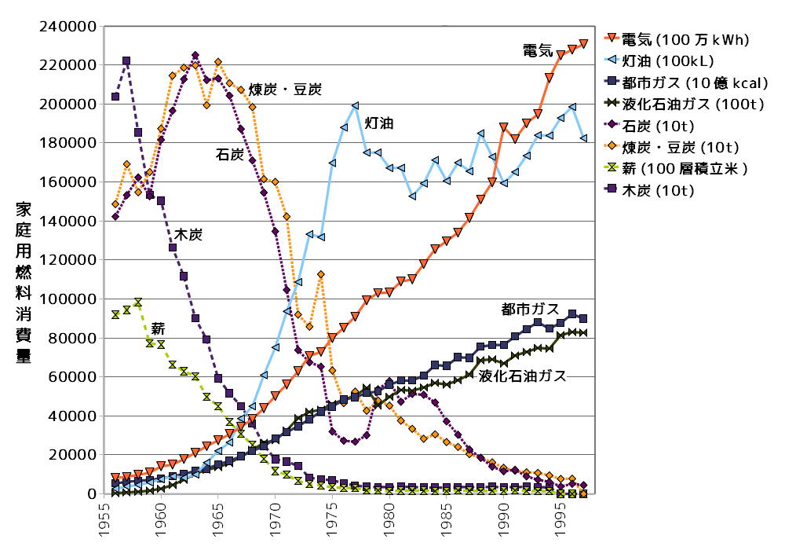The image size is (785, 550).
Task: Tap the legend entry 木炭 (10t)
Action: point(656,190)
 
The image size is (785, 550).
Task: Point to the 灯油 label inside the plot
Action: point(379,123)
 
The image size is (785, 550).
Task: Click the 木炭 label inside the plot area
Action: point(188,234)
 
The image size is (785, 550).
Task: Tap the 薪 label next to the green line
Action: point(159,327)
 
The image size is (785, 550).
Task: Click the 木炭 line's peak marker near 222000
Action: point(126,61)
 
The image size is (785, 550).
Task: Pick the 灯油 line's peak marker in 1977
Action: point(356,105)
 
